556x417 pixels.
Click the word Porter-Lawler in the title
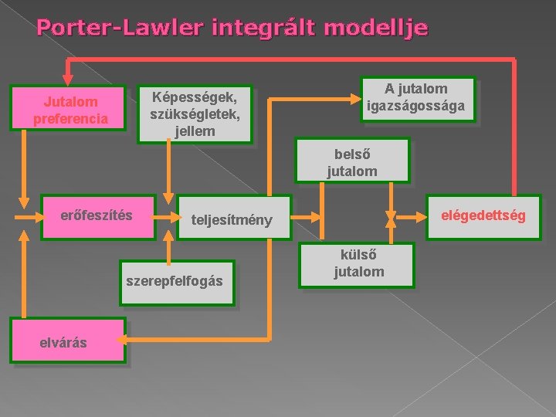[119, 29]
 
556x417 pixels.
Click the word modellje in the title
[376, 29]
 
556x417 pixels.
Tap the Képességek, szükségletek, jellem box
[195, 113]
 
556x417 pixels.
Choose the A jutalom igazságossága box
[417, 97]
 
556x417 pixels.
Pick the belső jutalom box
[352, 162]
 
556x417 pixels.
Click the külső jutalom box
[358, 264]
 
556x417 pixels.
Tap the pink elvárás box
[66, 340]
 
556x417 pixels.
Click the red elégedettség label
[483, 215]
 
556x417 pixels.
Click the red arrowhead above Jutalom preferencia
[68, 76]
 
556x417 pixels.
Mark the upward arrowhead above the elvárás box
[25, 237]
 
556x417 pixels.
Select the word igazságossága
[417, 106]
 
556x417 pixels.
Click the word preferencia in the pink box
[70, 119]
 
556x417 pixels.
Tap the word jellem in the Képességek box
[195, 131]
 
